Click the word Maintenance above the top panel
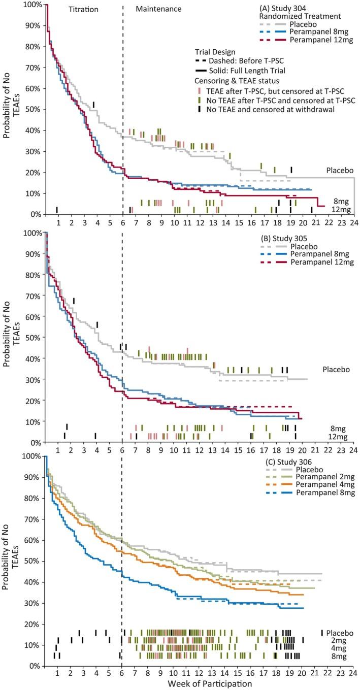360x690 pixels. pyautogui.click(x=160, y=9)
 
